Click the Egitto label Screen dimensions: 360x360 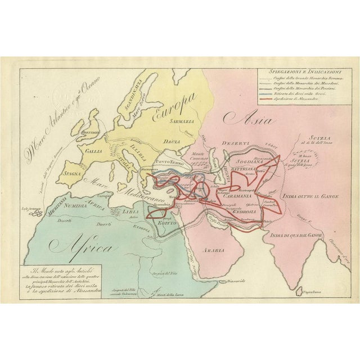click(168, 223)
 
